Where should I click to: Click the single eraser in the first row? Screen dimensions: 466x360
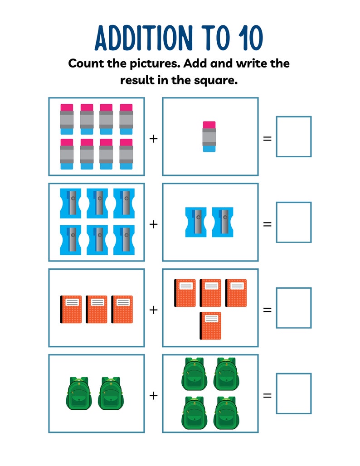tap(209, 136)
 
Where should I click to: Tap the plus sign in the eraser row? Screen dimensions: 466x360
tap(153, 138)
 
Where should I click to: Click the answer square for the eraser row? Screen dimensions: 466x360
tap(294, 137)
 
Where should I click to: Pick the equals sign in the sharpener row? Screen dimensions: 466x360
tap(268, 224)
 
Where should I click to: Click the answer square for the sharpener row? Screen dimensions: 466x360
tap(294, 223)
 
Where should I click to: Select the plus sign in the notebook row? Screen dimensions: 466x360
tap(153, 310)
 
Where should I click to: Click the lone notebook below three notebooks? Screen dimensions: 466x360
tap(210, 325)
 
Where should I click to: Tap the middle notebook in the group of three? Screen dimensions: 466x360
tap(97, 310)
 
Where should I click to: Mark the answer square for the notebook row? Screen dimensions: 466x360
tap(294, 308)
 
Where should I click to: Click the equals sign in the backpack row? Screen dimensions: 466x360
tap(268, 395)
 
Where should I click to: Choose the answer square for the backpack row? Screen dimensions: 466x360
tap(294, 393)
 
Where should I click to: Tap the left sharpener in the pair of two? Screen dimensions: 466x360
tap(196, 222)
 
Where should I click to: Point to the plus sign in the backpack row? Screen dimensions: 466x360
tap(153, 396)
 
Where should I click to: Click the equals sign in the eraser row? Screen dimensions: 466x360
tap(268, 138)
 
